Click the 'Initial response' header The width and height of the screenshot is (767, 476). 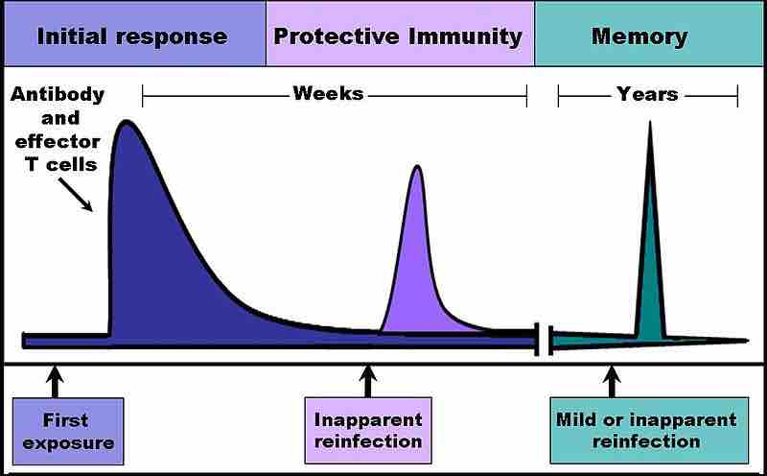(132, 36)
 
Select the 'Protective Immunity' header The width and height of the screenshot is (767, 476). (399, 36)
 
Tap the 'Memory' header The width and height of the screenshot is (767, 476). (639, 36)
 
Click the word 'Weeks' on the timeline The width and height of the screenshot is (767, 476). (328, 94)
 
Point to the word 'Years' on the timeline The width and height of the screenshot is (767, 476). (647, 94)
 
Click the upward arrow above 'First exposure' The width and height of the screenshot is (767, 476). (55, 378)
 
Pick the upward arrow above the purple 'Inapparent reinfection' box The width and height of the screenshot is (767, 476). (368, 378)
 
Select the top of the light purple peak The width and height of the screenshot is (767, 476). (416, 168)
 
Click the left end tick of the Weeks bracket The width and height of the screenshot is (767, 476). (143, 95)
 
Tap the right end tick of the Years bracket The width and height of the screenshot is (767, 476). (737, 95)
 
